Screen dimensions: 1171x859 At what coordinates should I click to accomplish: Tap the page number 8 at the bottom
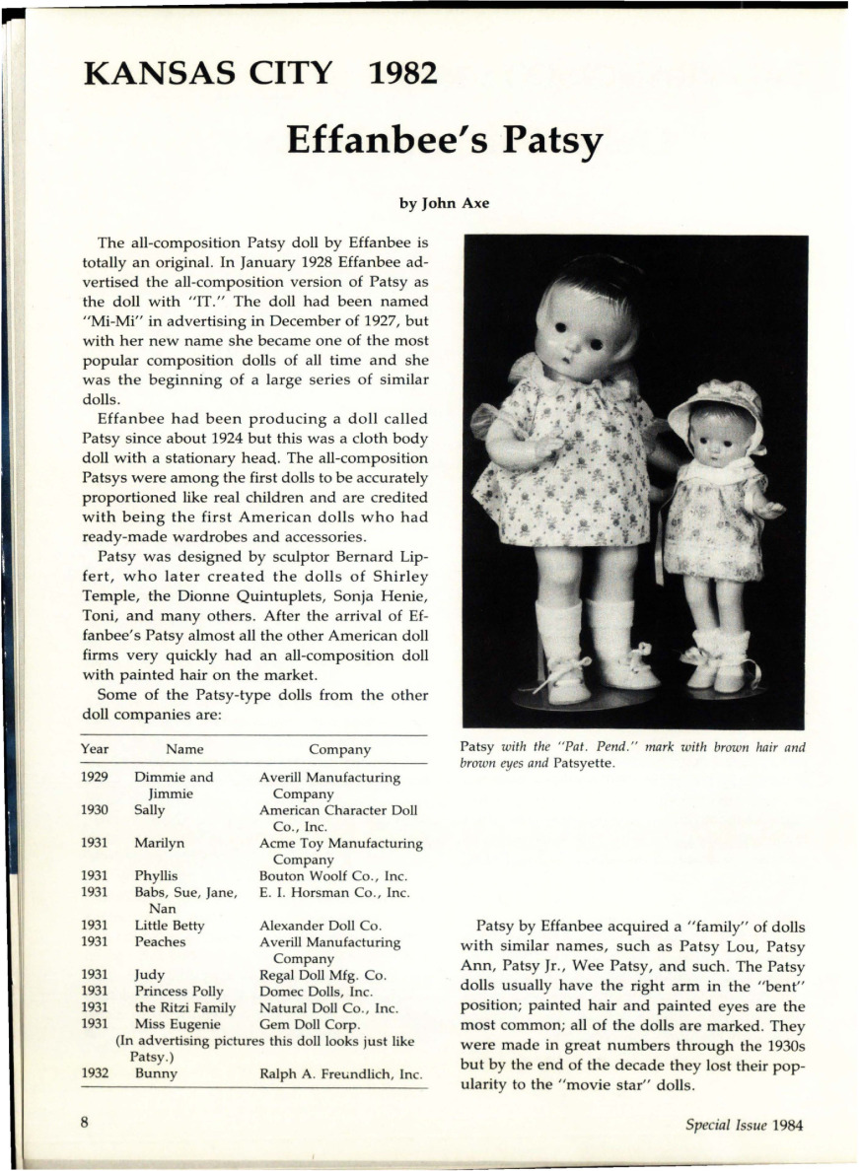[x=86, y=1125]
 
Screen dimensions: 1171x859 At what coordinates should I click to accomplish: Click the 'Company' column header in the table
[x=339, y=750]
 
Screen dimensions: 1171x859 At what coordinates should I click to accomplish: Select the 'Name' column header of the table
[x=184, y=750]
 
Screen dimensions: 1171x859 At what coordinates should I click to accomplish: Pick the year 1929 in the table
[x=95, y=778]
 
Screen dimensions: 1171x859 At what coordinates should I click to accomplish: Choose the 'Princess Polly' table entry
[x=179, y=991]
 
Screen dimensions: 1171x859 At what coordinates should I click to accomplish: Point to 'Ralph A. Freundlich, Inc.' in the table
[x=341, y=1073]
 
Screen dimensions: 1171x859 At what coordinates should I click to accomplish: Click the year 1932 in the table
[x=95, y=1073]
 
